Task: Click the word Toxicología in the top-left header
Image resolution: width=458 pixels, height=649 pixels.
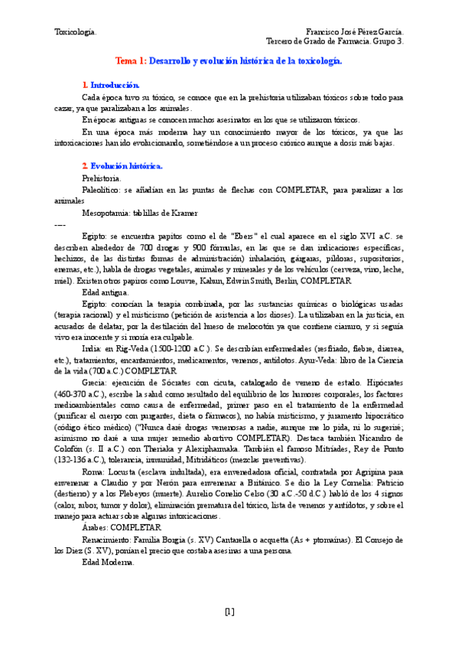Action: (x=75, y=31)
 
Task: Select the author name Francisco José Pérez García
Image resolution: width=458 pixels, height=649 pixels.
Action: (x=356, y=31)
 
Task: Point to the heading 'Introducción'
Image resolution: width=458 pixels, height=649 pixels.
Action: (x=115, y=85)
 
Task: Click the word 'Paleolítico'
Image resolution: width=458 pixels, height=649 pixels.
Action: (x=100, y=190)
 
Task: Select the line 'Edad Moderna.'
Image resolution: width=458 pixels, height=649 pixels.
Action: (x=107, y=563)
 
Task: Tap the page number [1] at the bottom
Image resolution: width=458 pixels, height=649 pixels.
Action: (x=229, y=611)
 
